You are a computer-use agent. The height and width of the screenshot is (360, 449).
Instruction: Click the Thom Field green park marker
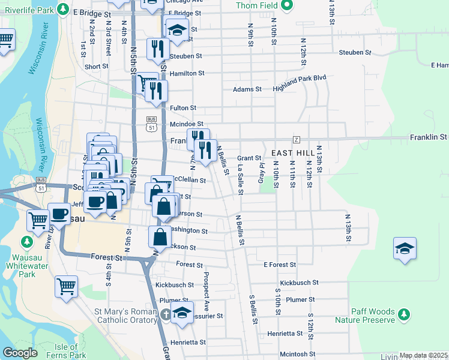pos(287,5)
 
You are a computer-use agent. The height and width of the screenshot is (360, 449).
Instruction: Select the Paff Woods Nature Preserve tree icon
pos(405,313)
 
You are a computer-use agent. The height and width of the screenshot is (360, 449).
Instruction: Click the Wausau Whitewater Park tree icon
pos(26,242)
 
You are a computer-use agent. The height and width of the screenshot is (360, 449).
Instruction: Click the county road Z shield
pos(296,139)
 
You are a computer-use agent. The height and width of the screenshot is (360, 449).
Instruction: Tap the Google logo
pos(20,353)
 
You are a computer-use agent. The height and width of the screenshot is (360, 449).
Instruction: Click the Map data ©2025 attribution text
pos(423,355)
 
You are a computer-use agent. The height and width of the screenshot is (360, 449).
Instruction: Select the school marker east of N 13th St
pos(405,248)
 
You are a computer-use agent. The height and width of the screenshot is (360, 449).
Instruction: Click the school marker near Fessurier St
pos(182,313)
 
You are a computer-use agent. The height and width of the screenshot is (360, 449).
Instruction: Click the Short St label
pos(95,67)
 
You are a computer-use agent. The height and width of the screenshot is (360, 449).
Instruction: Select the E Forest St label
pos(280,265)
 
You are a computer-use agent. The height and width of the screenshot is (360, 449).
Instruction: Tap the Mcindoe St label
pos(183,124)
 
